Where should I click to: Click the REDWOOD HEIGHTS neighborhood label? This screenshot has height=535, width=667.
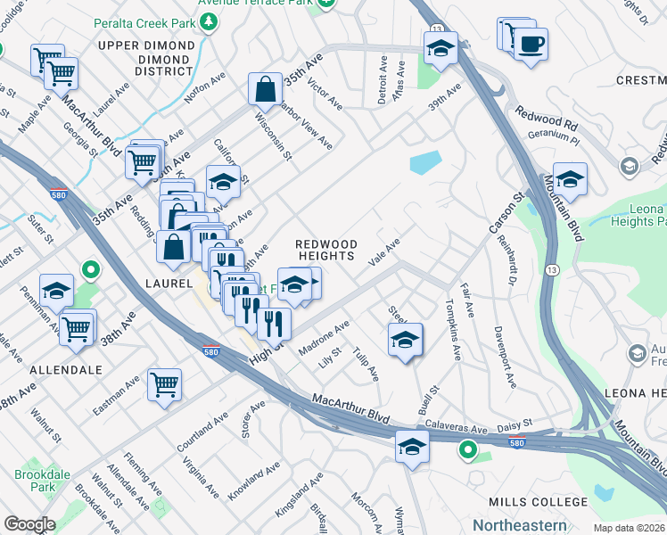coord(326,250)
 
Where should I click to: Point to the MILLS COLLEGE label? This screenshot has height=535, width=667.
coord(527,504)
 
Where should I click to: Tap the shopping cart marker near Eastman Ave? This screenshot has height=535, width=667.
coord(165,385)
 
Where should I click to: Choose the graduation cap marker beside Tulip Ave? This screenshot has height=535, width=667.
coord(405,340)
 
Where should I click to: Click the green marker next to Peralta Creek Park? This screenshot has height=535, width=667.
coord(210,21)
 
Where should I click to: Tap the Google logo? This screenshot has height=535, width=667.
coord(29,524)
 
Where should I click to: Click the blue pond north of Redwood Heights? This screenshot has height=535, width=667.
coord(425,162)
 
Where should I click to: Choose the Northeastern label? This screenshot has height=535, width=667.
coord(519,525)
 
